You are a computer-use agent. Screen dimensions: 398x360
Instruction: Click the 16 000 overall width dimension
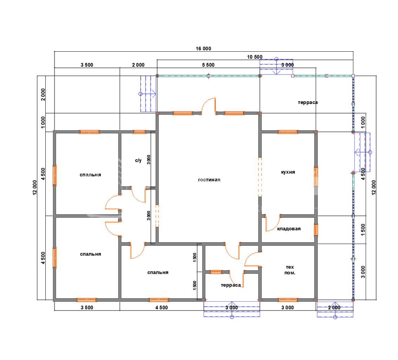tap(203, 49)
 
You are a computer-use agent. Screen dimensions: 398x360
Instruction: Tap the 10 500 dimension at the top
tap(255, 57)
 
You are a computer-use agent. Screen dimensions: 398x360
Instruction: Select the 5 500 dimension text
tap(208, 65)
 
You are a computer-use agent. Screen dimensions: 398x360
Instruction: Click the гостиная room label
tap(209, 180)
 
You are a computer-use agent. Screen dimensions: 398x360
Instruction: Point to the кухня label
tap(288, 172)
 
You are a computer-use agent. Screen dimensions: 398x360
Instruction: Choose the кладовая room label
tap(289, 229)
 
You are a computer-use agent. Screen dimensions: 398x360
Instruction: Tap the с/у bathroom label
tap(138, 160)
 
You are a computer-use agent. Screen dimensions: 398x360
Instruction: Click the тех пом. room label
tap(290, 270)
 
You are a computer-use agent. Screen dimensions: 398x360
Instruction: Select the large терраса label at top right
tap(308, 102)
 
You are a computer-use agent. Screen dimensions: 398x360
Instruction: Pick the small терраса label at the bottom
tap(231, 285)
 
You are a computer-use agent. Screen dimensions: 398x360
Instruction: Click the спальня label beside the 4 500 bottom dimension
tap(158, 272)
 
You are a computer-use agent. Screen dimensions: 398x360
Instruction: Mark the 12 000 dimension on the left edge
tap(35, 188)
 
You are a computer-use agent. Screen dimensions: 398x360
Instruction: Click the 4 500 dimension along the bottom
tap(162, 308)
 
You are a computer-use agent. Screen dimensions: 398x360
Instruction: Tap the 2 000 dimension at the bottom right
tap(334, 308)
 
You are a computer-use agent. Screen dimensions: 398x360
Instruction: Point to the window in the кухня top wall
tap(288, 132)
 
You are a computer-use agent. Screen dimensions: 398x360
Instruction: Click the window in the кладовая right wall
tap(316, 230)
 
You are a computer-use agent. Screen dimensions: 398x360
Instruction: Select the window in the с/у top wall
tap(139, 132)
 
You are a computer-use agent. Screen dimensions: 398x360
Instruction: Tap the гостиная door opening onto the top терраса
tap(208, 106)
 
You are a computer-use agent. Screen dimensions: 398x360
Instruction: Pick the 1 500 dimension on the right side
tap(363, 230)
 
